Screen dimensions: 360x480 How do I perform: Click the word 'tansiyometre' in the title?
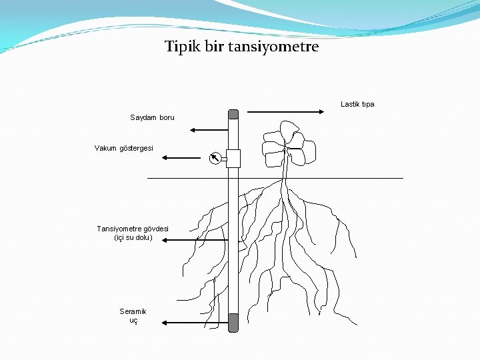tap(273, 47)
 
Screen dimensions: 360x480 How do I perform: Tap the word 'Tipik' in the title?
tap(180, 47)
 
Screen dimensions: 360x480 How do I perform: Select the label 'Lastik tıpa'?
tap(357, 104)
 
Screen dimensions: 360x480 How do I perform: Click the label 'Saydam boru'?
tap(152, 117)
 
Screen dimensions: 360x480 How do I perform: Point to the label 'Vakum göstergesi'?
tap(124, 147)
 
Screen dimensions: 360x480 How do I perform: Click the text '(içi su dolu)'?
tap(133, 237)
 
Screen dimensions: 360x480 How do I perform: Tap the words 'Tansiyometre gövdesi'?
tap(133, 229)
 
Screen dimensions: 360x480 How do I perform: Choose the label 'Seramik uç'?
tap(133, 315)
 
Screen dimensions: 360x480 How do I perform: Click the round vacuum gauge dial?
tap(215, 158)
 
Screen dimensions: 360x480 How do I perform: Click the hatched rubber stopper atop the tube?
tap(233, 113)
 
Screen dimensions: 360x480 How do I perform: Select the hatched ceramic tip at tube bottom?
tap(233, 323)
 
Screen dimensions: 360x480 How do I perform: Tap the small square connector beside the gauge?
tap(232, 158)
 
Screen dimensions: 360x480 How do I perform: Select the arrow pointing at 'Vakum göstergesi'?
tap(181, 158)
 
